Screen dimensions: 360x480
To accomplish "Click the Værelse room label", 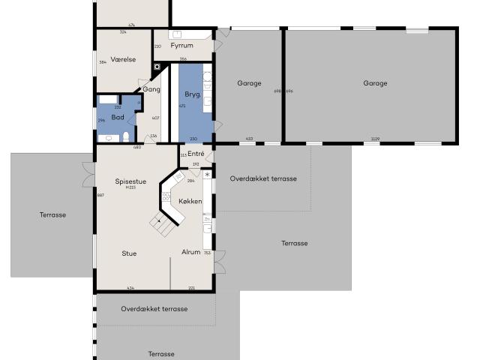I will pyautogui.click(x=122, y=59).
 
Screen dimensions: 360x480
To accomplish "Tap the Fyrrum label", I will pyautogui.click(x=182, y=46).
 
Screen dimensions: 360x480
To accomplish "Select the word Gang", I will pyautogui.click(x=151, y=89).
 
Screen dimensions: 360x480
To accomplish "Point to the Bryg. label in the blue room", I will pyautogui.click(x=192, y=94).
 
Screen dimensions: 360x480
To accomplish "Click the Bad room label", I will pyautogui.click(x=117, y=117).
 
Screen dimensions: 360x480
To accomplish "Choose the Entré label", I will pyautogui.click(x=195, y=154).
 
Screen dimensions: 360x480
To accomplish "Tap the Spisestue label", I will pyautogui.click(x=130, y=181).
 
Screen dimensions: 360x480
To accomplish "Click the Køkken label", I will pyautogui.click(x=190, y=202).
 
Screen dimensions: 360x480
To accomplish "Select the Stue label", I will pyautogui.click(x=129, y=253).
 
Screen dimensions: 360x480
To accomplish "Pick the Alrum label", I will pyautogui.click(x=191, y=252).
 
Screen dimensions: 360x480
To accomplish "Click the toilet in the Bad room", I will pyautogui.click(x=127, y=136).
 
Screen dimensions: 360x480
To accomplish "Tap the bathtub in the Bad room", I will pyautogui.click(x=107, y=98).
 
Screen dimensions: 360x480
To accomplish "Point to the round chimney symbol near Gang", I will pyautogui.click(x=156, y=67).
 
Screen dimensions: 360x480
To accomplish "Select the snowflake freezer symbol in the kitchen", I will pyautogui.click(x=208, y=175).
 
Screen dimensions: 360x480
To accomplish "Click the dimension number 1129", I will pyautogui.click(x=374, y=139).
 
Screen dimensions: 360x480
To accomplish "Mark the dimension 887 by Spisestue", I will pyautogui.click(x=100, y=195).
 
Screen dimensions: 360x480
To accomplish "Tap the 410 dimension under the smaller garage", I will pyautogui.click(x=249, y=139).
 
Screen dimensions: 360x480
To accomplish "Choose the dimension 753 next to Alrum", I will pyautogui.click(x=207, y=253).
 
